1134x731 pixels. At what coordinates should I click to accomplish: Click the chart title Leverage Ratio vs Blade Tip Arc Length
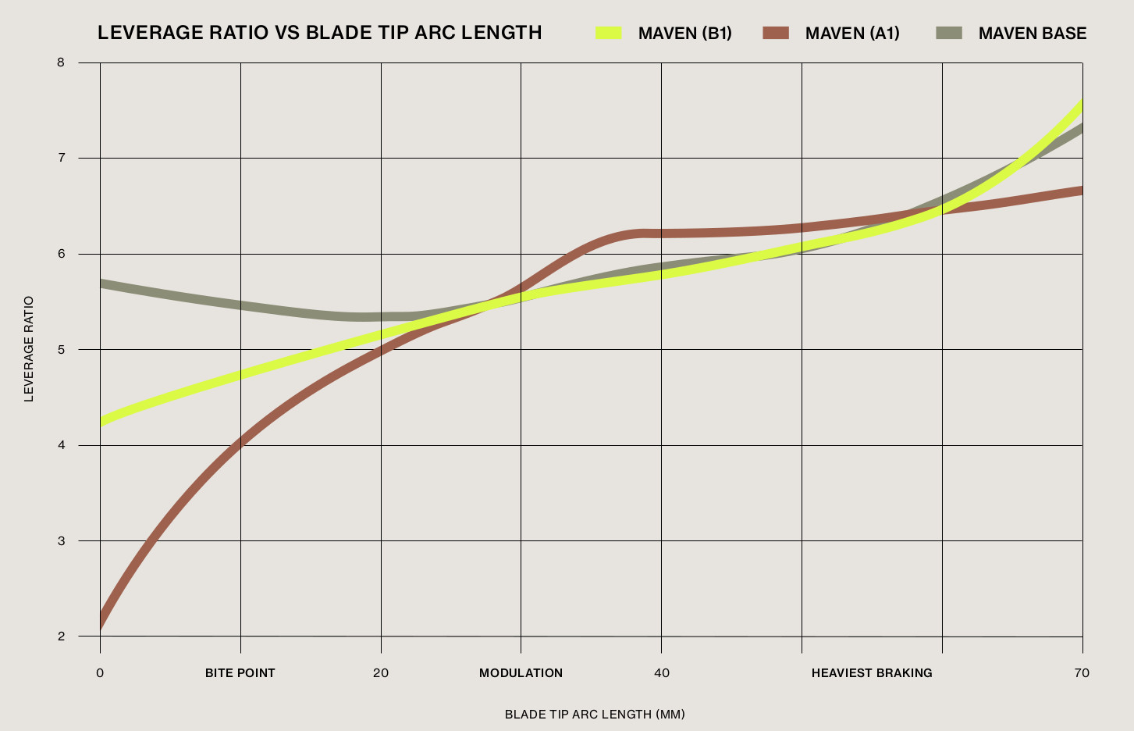(x=319, y=33)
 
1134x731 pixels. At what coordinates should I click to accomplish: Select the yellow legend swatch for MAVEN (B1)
(x=609, y=33)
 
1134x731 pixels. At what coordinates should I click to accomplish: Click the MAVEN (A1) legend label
(x=852, y=34)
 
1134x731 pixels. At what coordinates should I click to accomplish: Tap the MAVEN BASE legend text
(x=1032, y=34)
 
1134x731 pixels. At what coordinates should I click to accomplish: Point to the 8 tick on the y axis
(x=61, y=62)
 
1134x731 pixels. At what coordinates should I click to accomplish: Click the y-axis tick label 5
(x=61, y=349)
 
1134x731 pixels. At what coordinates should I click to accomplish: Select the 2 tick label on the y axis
(x=61, y=636)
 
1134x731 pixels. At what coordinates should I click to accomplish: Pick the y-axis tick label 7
(x=61, y=158)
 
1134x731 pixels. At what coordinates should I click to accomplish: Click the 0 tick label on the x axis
(x=100, y=673)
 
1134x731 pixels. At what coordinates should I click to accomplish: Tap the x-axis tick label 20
(x=381, y=673)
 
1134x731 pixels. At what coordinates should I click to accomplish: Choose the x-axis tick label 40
(x=662, y=673)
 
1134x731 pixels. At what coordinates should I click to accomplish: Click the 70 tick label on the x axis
(x=1082, y=673)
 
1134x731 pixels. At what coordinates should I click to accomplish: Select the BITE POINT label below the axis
(x=240, y=673)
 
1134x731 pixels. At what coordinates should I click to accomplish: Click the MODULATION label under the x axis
(x=521, y=673)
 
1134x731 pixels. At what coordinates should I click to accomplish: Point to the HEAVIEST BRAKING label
(x=872, y=673)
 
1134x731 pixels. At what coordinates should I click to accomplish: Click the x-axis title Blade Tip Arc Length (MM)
(x=595, y=715)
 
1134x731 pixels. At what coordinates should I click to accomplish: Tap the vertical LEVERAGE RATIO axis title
(x=29, y=349)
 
